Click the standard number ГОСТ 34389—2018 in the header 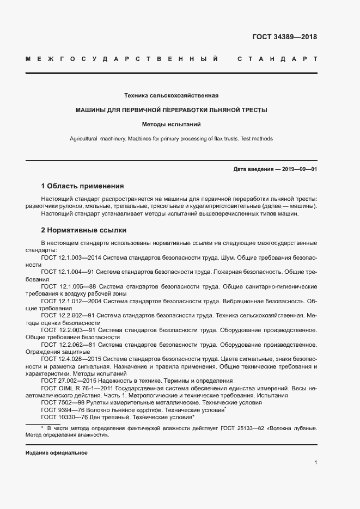click(284, 38)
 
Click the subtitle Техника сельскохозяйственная click(172, 95)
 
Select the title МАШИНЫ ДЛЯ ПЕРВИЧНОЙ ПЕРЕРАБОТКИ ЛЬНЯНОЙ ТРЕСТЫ click(171, 110)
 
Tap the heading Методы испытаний click(171, 124)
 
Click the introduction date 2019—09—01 click(299, 169)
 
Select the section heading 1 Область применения click(82, 186)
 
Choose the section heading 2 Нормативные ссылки click(83, 230)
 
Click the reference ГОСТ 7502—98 click(62, 402)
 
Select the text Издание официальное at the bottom click(56, 453)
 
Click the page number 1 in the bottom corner click(315, 463)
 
